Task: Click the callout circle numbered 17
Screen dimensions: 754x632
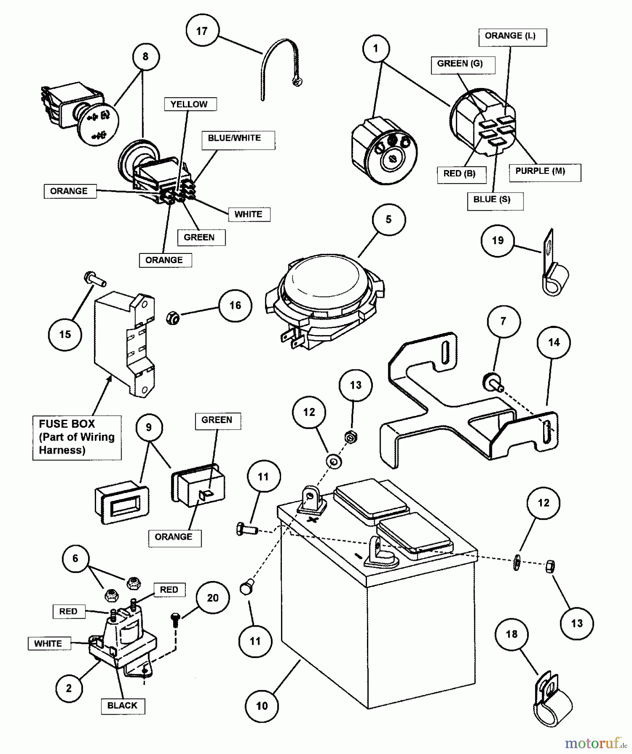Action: (202, 31)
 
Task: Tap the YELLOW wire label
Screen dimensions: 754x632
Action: (189, 104)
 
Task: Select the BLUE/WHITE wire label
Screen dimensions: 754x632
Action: (234, 139)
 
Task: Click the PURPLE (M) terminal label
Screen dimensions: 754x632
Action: (541, 171)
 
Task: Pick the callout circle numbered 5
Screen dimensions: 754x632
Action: (388, 219)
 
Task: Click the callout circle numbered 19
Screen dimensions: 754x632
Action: (498, 240)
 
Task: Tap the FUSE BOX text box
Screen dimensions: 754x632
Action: (77, 437)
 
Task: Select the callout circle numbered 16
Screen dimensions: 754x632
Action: (235, 305)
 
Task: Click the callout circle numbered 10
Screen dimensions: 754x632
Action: (262, 706)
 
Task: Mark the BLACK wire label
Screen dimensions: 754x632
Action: (122, 705)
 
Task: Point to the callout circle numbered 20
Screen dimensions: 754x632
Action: (213, 598)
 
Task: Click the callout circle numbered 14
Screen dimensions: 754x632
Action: (554, 343)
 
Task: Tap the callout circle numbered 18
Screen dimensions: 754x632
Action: (512, 634)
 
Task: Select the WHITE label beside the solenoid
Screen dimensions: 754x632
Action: (48, 643)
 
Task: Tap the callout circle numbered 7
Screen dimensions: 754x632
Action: (503, 321)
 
